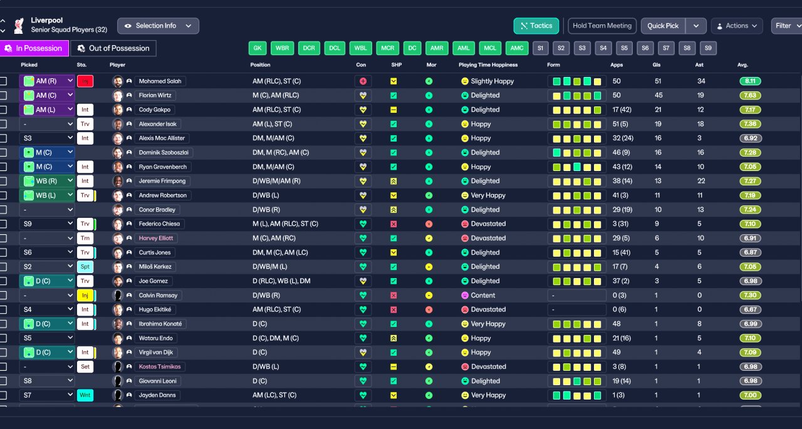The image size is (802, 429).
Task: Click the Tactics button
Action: (x=536, y=26)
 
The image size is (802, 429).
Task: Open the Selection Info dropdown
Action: (x=158, y=26)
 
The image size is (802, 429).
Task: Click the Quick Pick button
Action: (x=663, y=26)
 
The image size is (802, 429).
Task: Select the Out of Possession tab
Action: (x=113, y=48)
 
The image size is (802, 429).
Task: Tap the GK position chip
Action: (x=258, y=48)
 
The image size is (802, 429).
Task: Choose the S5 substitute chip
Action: (x=623, y=48)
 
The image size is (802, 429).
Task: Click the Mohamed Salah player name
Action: (x=160, y=81)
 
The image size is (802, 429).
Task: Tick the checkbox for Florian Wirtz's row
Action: (x=4, y=96)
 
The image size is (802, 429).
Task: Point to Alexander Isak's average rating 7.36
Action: (x=750, y=124)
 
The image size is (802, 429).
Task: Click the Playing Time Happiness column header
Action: (x=488, y=65)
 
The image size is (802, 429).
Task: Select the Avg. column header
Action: (x=742, y=65)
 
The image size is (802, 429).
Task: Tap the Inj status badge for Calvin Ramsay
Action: (x=85, y=296)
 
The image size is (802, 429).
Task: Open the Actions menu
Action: (x=737, y=26)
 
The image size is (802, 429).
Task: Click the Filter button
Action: (x=786, y=26)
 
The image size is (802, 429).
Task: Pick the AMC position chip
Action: (x=517, y=48)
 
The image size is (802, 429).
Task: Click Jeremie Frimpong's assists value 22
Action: (x=700, y=181)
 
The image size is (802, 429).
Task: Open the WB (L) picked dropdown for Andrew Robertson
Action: (x=47, y=195)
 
